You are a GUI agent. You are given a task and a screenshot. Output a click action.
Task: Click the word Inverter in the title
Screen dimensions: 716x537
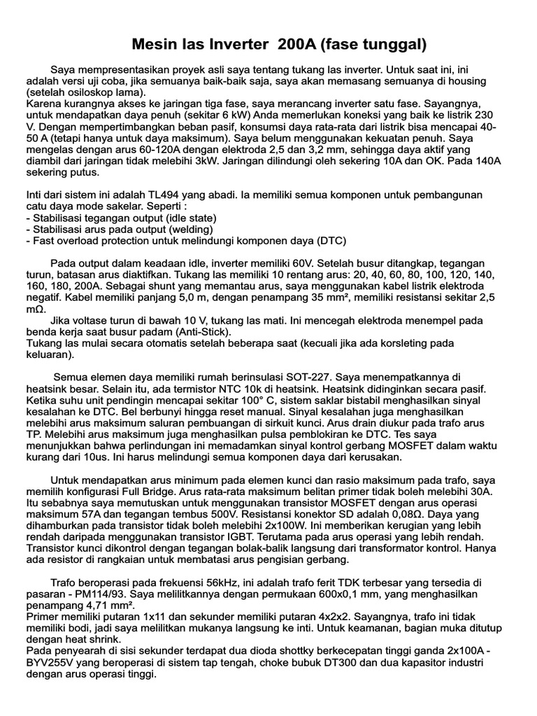[239, 45]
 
